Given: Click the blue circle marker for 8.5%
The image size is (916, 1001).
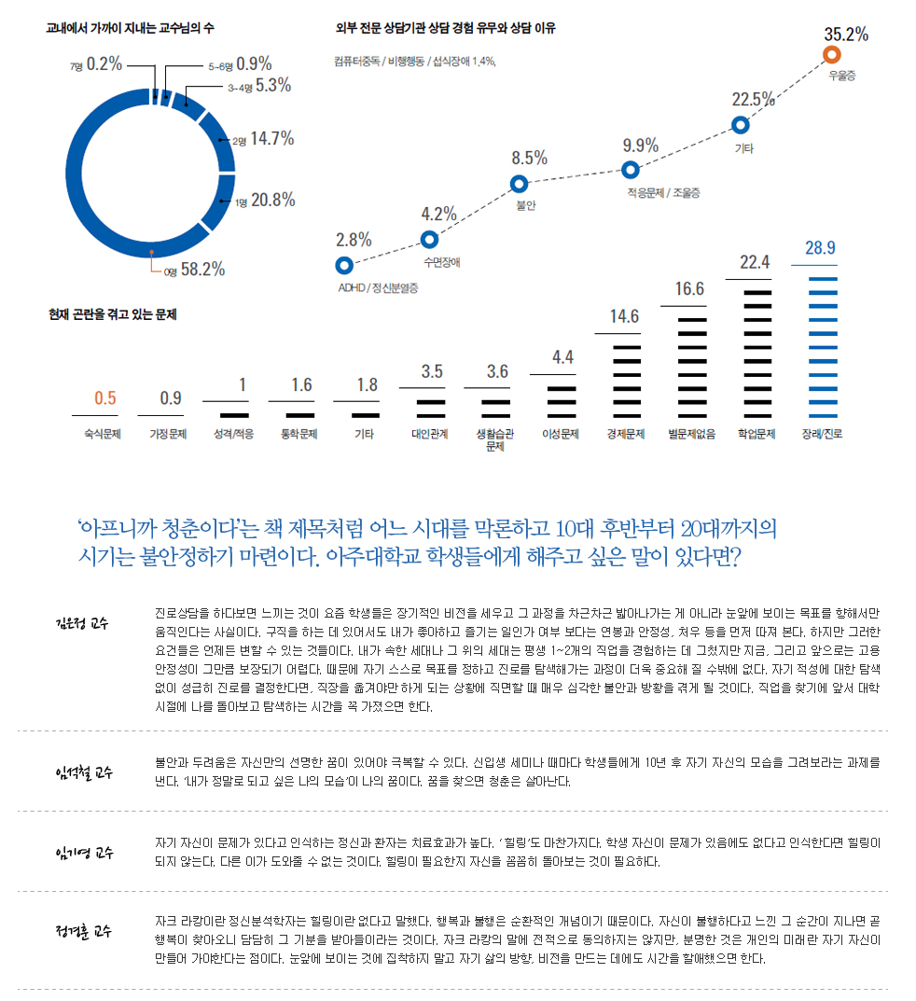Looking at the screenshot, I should pyautogui.click(x=520, y=184).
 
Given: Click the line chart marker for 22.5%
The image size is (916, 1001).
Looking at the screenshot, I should pyautogui.click(x=741, y=123).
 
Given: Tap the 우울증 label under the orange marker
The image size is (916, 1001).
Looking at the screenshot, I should pyautogui.click(x=842, y=75).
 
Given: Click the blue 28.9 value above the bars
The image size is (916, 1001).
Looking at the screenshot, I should pyautogui.click(x=820, y=248).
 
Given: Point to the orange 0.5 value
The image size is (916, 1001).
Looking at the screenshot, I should pyautogui.click(x=105, y=398).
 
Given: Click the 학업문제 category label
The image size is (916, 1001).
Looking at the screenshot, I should pyautogui.click(x=756, y=434).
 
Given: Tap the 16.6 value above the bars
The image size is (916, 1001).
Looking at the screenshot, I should pyautogui.click(x=689, y=289).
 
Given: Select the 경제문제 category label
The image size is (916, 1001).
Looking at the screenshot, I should pyautogui.click(x=625, y=434).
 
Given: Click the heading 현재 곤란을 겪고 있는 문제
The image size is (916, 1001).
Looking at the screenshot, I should pyautogui.click(x=113, y=315).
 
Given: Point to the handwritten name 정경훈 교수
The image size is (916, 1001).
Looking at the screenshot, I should pyautogui.click(x=83, y=932).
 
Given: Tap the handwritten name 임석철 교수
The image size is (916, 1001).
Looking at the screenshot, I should pyautogui.click(x=83, y=772).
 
